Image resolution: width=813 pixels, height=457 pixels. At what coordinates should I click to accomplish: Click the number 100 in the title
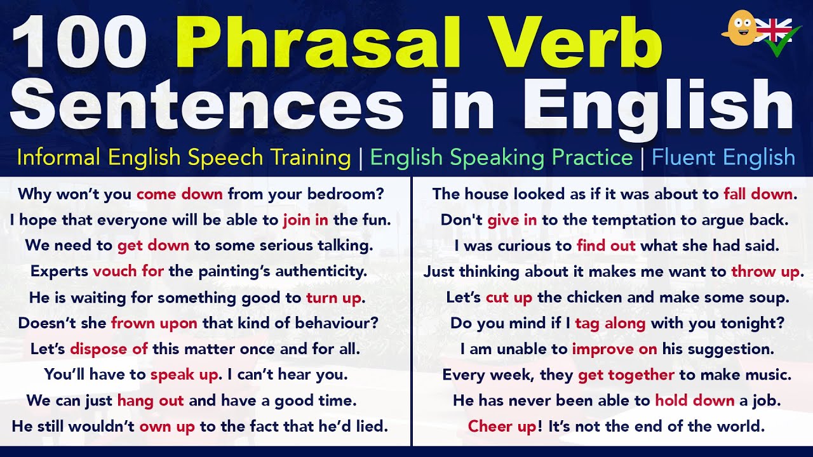[79, 43]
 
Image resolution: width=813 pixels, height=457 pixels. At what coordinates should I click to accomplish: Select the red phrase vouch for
[128, 271]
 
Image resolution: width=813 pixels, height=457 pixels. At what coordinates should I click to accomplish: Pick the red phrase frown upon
[154, 323]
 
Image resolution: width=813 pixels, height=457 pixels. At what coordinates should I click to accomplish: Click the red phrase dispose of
[109, 349]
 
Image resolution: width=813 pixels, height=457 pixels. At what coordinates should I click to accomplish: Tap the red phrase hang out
[151, 401]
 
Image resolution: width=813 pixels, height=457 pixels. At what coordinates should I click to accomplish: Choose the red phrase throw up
[765, 272]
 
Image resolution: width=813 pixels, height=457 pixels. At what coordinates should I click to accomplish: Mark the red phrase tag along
[610, 324]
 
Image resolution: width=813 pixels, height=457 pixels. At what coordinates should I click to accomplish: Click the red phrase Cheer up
[502, 426]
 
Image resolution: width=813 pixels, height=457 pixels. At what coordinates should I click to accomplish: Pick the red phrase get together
[626, 375]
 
